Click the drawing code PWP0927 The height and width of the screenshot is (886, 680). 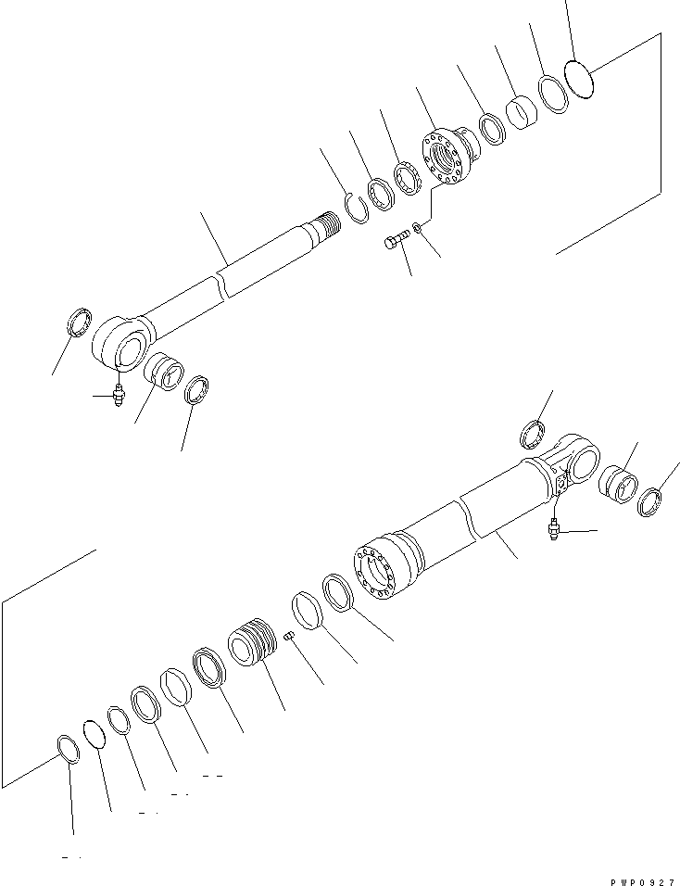click(x=642, y=870)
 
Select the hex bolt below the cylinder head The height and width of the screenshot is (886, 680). click(x=396, y=243)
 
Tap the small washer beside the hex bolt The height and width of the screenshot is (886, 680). click(x=421, y=227)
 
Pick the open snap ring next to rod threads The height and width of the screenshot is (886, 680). click(x=357, y=205)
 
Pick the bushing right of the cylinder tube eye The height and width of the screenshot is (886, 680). click(x=617, y=485)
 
